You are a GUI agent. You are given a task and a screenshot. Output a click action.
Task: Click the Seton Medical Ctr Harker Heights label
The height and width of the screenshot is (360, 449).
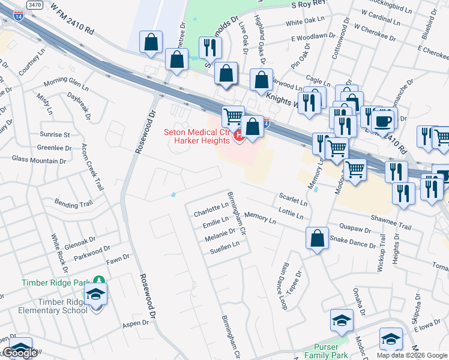click(197, 136)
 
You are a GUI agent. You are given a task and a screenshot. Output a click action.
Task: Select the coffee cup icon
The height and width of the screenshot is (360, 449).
click(382, 121)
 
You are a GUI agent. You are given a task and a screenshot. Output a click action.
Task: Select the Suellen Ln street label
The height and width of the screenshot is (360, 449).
click(224, 245)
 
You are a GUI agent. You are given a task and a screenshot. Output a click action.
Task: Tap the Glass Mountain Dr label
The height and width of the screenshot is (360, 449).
click(39, 160)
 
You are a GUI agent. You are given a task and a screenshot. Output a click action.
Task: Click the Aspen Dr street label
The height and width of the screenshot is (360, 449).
click(135, 323)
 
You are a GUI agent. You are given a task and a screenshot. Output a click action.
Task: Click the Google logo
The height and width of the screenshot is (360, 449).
click(20, 353)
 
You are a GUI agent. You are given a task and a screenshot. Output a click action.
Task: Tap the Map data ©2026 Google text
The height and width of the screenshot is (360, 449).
click(412, 355)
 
